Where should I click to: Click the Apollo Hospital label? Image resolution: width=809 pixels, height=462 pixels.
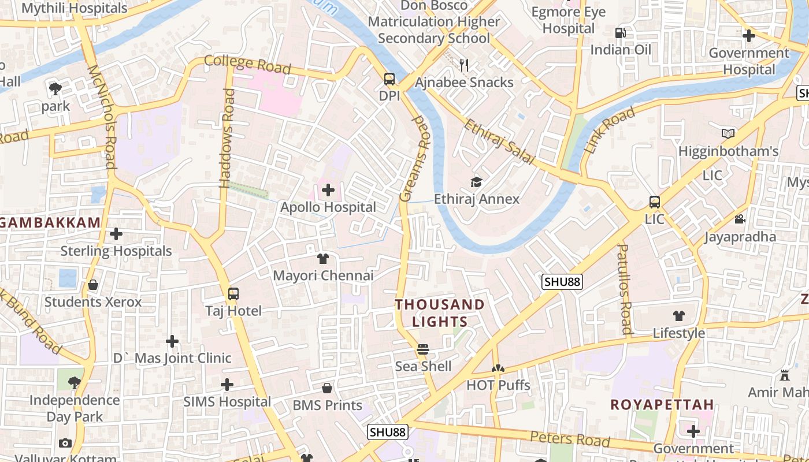328,207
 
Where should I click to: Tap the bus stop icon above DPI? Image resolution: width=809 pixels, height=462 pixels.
389,79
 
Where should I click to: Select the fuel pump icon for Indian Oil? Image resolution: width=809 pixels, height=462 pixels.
621,33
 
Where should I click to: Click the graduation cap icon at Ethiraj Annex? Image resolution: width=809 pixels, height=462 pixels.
476,182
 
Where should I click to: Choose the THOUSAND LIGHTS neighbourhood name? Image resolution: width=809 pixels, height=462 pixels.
440,313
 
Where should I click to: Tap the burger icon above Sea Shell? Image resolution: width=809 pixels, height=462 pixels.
423,349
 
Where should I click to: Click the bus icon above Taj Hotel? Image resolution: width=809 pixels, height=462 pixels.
233,294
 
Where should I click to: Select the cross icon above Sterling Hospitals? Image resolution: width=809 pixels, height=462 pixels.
116,234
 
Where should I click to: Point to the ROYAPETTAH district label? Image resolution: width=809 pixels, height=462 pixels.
662,405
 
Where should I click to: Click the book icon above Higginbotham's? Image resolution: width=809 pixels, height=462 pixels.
728,134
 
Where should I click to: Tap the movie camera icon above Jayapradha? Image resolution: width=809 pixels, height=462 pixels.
740,219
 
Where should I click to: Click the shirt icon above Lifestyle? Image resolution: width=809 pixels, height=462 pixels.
678,316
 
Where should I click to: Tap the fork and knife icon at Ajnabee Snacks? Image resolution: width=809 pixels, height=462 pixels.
464,65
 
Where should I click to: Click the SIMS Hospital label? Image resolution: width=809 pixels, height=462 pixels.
227,402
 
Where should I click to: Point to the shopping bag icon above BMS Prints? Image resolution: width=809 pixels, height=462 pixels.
327,388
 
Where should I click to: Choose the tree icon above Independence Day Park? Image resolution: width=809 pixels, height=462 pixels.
74,382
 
